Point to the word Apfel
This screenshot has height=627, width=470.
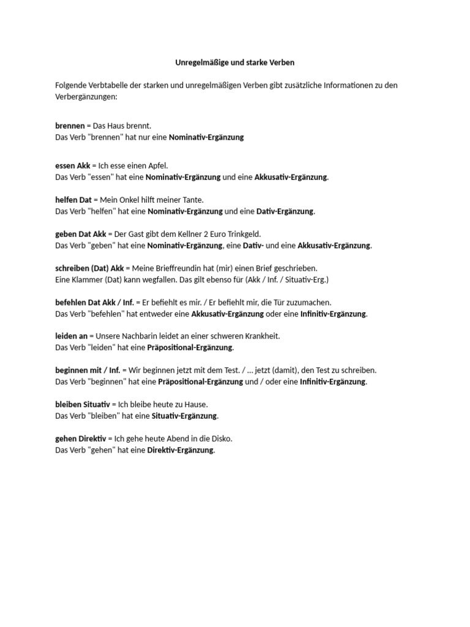point(155,165)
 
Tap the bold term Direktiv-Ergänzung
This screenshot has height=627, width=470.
point(181,450)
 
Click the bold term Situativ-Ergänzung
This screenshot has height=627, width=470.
point(184,416)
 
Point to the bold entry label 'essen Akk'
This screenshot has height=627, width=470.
point(73,165)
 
